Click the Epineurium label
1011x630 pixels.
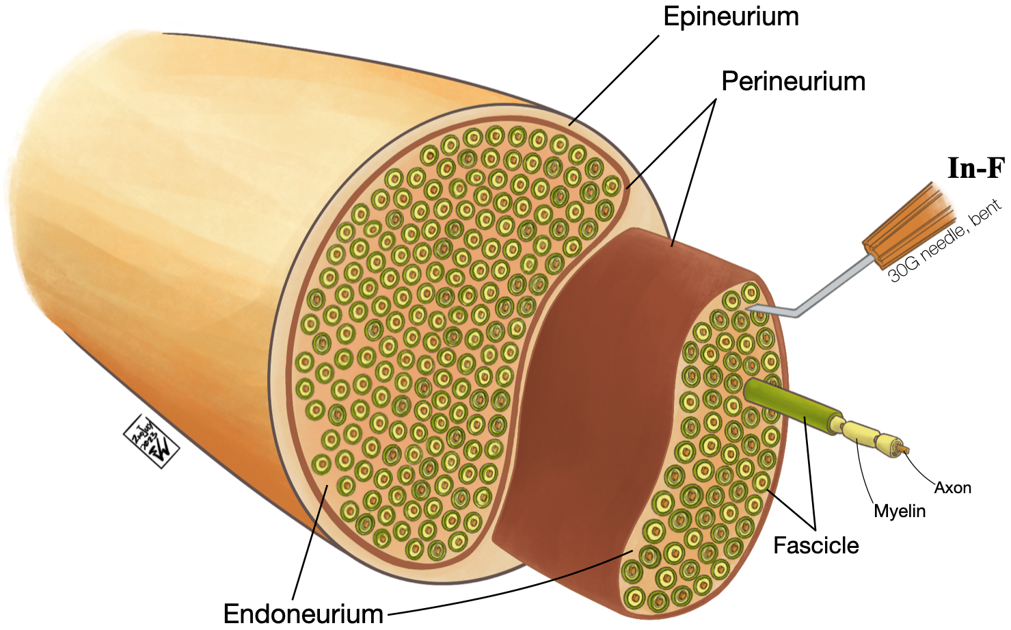[731, 17]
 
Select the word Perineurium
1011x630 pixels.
[793, 81]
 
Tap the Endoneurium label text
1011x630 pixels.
[303, 614]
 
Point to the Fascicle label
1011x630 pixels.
[815, 545]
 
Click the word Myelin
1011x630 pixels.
[900, 511]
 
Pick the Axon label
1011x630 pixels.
[952, 488]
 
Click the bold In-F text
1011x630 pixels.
[975, 168]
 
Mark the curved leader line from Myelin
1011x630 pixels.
[866, 475]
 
